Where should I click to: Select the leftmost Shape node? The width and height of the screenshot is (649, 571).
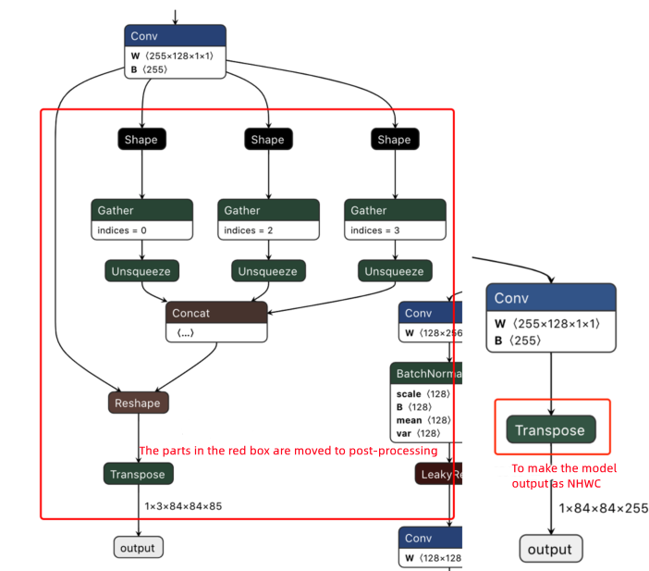click(x=141, y=140)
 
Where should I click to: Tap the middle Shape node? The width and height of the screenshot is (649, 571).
click(x=267, y=140)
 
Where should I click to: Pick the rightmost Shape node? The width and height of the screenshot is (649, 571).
click(x=394, y=140)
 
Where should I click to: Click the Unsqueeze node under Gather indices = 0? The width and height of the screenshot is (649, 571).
click(x=141, y=271)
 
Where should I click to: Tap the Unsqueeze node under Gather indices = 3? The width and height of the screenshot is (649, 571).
click(x=394, y=271)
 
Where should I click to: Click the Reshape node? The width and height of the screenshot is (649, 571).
click(x=139, y=403)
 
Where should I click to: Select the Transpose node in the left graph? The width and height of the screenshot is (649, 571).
click(x=139, y=474)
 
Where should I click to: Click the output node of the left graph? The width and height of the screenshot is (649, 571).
click(x=139, y=547)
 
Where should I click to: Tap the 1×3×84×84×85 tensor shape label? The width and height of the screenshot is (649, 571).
click(x=183, y=506)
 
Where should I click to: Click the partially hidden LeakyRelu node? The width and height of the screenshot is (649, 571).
click(x=438, y=474)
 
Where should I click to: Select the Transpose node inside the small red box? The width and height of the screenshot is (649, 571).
click(x=551, y=429)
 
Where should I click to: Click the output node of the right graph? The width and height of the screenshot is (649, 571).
click(x=551, y=549)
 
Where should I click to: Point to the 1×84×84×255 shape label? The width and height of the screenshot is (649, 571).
click(x=603, y=508)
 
